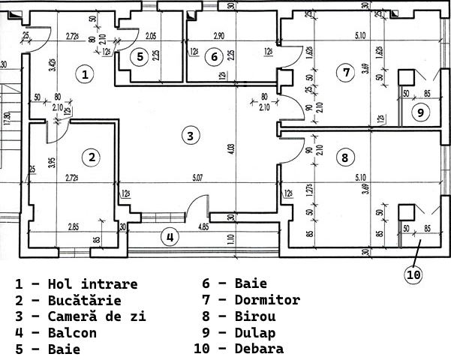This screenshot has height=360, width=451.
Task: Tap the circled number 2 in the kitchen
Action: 92,157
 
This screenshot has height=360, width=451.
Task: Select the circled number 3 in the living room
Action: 191,136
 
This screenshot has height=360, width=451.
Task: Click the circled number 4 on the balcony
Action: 170,237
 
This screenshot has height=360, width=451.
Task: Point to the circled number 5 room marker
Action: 139,56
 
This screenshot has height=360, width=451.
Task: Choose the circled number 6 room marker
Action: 214,56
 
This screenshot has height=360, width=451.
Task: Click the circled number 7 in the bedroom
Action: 345,73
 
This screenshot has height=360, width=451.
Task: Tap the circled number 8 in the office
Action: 344,158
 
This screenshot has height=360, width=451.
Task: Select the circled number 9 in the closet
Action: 420,112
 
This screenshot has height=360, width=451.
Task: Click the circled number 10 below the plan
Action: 413,274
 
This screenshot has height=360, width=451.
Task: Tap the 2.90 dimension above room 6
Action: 219,35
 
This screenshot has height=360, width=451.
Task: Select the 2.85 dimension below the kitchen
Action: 74,226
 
